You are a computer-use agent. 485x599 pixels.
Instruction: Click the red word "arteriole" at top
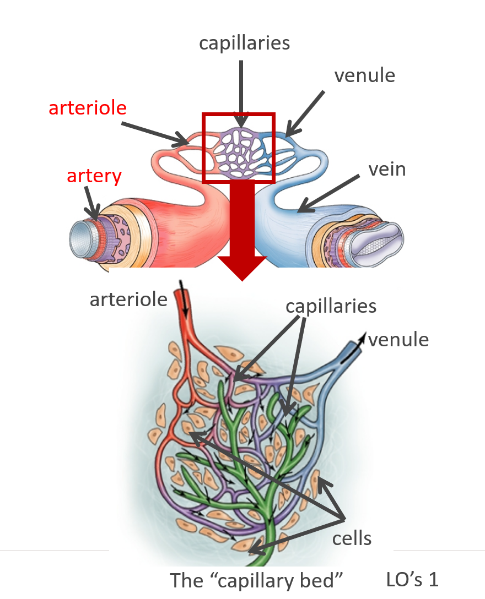tap(88, 107)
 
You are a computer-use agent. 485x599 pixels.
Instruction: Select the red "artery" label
tap(94, 176)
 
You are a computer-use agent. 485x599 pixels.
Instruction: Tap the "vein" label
tap(387, 168)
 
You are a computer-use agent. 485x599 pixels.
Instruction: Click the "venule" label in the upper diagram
tap(365, 75)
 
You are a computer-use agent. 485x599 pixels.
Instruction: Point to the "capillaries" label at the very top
tap(244, 43)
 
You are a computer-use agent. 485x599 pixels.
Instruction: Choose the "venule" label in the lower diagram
tap(398, 339)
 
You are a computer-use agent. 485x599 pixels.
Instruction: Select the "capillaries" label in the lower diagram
tap(331, 306)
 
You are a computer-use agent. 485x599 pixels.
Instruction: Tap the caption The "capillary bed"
tap(257, 580)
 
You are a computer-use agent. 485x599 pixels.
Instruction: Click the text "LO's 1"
tap(413, 579)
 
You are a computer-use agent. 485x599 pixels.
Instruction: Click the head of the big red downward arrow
tap(242, 268)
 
